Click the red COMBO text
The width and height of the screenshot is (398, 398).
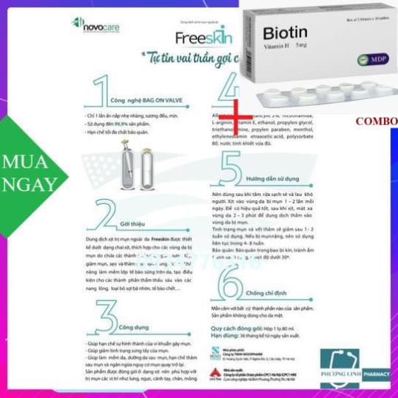[x=376, y=121]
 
